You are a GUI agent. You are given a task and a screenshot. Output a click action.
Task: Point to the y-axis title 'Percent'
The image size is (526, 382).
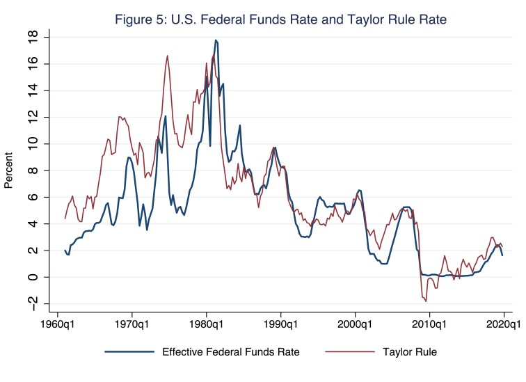pyautogui.click(x=9, y=170)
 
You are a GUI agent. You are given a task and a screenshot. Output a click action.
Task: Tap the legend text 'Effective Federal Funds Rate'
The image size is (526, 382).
pyautogui.click(x=231, y=351)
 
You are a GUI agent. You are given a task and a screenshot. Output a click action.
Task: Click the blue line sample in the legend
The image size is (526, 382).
pyautogui.click(x=131, y=351)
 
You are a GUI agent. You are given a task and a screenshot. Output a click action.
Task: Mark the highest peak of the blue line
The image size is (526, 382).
pyautogui.click(x=216, y=40)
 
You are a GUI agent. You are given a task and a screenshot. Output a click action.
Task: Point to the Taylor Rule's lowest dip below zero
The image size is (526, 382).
pyautogui.click(x=426, y=301)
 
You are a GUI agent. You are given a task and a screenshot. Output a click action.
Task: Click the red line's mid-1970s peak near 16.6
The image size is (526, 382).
pyautogui.click(x=168, y=56)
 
